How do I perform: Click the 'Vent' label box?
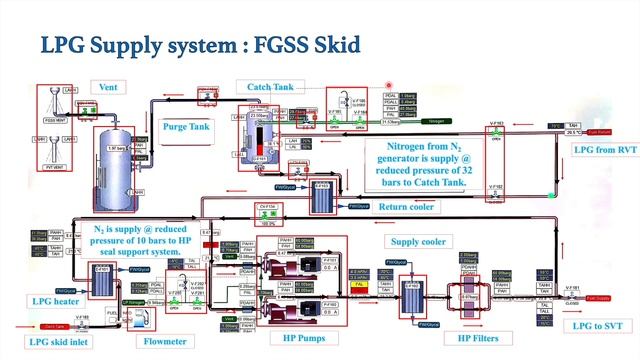point(108,88)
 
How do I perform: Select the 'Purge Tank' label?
point(186,127)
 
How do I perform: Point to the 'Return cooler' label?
point(406,208)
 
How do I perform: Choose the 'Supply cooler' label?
point(418,242)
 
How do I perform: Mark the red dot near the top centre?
point(389,87)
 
